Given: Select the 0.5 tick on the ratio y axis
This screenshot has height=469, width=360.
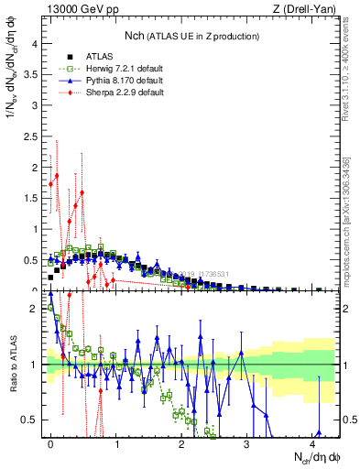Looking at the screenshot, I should pyautogui.click(x=29, y=420).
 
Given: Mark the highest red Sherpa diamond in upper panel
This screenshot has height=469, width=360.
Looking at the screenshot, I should pyautogui.click(x=57, y=176).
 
